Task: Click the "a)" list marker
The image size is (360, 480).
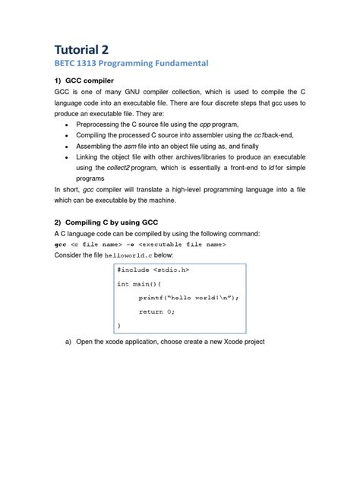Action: (x=68, y=342)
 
